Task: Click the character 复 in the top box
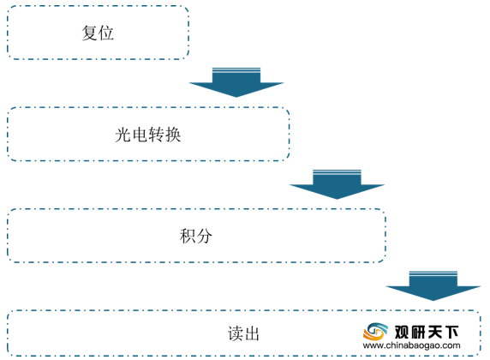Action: point(89,33)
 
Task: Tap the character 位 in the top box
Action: point(106,33)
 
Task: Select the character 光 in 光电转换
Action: point(123,135)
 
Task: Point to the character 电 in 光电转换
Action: point(140,135)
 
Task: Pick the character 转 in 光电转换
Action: point(156,135)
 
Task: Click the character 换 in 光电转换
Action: point(173,135)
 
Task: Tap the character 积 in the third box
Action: point(188,236)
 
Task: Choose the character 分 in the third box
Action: point(205,236)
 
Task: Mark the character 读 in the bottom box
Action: point(236,333)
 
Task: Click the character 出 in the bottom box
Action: point(252,333)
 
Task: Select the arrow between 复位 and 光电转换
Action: point(236,82)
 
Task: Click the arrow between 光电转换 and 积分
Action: point(337,184)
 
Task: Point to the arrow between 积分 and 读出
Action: point(433,286)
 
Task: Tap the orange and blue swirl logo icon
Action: point(375,332)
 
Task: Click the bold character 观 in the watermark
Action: point(402,333)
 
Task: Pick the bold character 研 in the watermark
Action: point(418,333)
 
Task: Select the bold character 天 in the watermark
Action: point(434,333)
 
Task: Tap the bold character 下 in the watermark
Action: point(451,333)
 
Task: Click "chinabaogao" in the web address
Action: point(413,346)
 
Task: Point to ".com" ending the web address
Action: point(451,346)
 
